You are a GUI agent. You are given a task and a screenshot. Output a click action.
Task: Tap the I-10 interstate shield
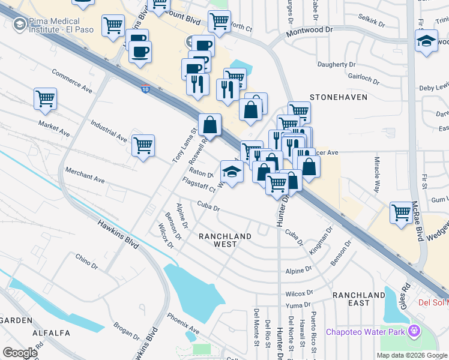pyautogui.click(x=146, y=89)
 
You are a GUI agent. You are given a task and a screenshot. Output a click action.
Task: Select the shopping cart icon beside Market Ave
pyautogui.click(x=45, y=99)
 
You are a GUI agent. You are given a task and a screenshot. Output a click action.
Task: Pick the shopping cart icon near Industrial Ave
pyautogui.click(x=143, y=146)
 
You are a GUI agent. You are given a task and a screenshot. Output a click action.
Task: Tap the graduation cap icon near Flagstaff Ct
pyautogui.click(x=232, y=172)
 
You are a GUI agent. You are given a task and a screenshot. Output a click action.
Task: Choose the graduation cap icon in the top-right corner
pyautogui.click(x=426, y=41)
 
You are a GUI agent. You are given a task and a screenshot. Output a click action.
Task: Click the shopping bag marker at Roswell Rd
pyautogui.click(x=210, y=125)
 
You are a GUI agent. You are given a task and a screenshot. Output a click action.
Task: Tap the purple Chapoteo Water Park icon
pyautogui.click(x=414, y=331)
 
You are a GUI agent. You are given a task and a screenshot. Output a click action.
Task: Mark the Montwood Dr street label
pyautogui.click(x=311, y=29)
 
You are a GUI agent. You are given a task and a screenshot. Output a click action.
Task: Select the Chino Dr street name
pyautogui.click(x=86, y=261)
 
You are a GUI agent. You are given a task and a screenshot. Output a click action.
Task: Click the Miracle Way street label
pyautogui.click(x=378, y=173)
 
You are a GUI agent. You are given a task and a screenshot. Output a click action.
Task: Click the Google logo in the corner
pyautogui.click(x=20, y=353)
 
